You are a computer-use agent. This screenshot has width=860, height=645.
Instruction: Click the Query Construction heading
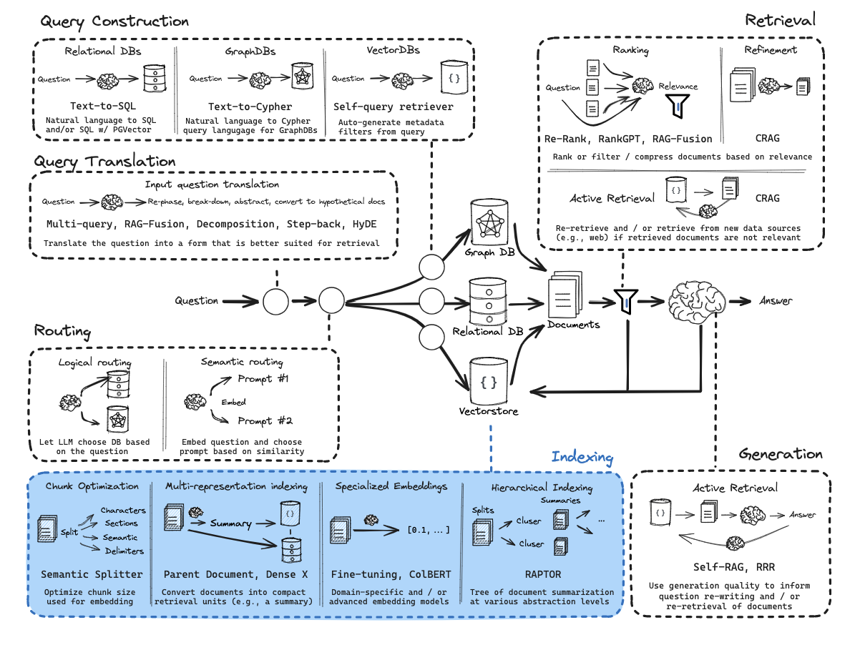coord(114,21)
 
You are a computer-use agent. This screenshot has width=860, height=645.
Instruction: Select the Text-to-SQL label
coord(103,106)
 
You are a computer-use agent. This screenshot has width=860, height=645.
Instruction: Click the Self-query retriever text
coord(394,106)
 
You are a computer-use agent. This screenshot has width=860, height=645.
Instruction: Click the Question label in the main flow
coord(197,301)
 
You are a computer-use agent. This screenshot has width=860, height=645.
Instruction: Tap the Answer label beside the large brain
coord(776,301)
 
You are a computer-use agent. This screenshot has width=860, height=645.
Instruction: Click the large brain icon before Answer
coord(695,302)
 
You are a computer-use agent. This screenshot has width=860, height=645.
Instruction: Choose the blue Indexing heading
coord(582,457)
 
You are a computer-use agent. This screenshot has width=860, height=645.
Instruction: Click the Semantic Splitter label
coord(92,573)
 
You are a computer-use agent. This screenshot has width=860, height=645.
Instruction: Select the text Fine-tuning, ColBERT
coord(390,573)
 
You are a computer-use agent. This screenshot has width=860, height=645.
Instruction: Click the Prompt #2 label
coord(265,421)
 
